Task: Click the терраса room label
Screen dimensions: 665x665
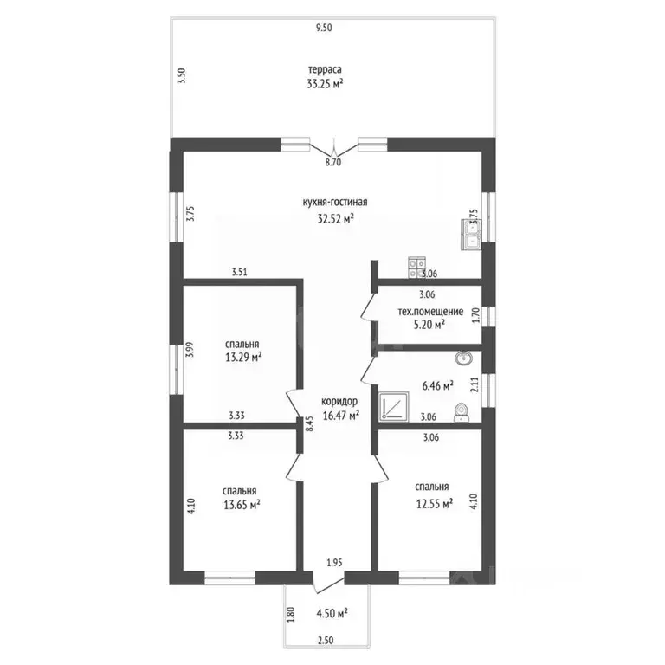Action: point(325,69)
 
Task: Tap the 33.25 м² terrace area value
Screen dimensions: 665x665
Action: point(325,84)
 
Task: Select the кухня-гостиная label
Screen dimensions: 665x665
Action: point(335,203)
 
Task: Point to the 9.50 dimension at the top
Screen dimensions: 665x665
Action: point(324,28)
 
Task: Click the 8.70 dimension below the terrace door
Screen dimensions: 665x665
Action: point(333,162)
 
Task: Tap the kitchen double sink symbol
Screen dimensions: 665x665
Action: point(471,234)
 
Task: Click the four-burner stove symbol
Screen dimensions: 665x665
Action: point(416,268)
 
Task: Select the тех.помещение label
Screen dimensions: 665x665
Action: point(430,312)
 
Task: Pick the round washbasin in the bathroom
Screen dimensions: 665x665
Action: point(464,358)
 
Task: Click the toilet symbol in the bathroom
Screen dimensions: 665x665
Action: point(462,413)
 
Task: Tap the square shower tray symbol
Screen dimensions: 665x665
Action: point(394,407)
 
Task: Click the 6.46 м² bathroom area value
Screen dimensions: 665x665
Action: point(437,386)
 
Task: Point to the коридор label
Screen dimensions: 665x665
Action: point(339,401)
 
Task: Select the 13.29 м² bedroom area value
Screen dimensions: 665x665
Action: point(243,358)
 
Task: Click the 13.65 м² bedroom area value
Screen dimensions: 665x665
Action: point(242,505)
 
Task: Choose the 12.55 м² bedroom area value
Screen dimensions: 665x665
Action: point(435,504)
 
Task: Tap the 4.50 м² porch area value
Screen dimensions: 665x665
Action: point(332,613)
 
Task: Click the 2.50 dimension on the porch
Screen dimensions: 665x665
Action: point(326,641)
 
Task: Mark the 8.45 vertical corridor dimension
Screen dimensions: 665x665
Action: point(310,423)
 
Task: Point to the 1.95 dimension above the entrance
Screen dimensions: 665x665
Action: point(334,563)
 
